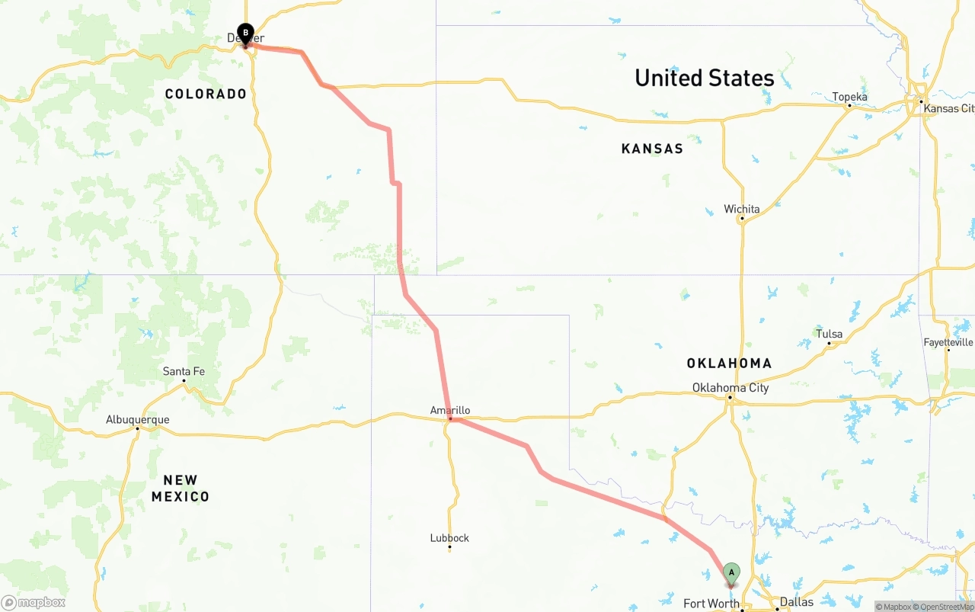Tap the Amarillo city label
449,410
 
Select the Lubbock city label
449,537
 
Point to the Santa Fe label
184,371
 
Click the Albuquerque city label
137,419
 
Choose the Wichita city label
741,209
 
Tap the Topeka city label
849,97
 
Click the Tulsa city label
829,334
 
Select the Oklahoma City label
730,388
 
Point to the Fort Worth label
711,604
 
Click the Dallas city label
796,601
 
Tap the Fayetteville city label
948,342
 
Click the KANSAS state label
652,149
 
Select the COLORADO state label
206,94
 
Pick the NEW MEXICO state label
181,489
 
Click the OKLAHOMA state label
729,364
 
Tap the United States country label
704,78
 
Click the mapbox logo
34,602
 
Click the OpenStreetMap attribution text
943,607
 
